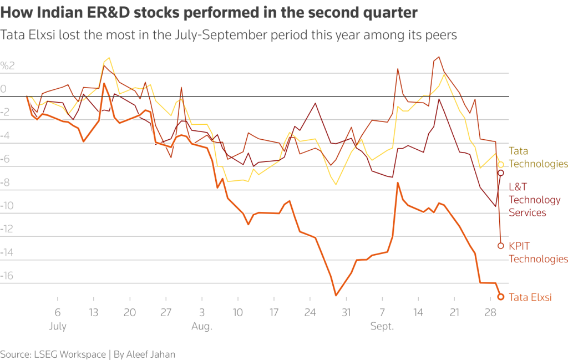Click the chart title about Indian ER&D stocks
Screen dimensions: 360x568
click(209, 12)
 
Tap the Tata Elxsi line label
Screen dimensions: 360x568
click(530, 297)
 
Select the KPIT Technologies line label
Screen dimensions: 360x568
click(538, 252)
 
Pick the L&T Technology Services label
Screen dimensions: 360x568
click(535, 200)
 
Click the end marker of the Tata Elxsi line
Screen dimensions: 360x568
click(500, 297)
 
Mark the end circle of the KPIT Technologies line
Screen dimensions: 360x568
click(501, 245)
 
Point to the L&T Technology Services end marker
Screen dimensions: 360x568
click(501, 173)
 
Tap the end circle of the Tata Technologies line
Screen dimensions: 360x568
click(501, 164)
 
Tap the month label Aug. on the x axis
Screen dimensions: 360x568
click(201, 327)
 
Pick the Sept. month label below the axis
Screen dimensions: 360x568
click(382, 327)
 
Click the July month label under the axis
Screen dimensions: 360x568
click(58, 327)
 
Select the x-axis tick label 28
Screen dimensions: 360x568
click(490, 313)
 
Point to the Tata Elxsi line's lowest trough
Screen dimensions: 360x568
click(336, 295)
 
